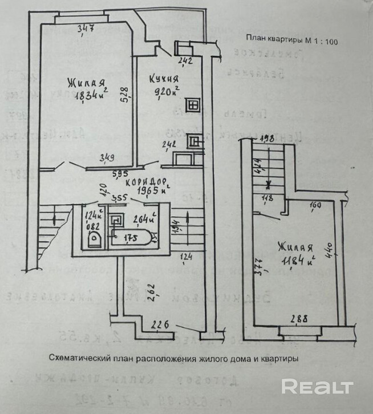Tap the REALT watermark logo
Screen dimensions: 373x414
317,387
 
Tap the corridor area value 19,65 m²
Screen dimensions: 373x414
140,192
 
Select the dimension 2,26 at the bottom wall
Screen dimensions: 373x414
161,326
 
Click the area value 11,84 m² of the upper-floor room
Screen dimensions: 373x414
297,262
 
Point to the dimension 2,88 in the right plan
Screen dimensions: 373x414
297,319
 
